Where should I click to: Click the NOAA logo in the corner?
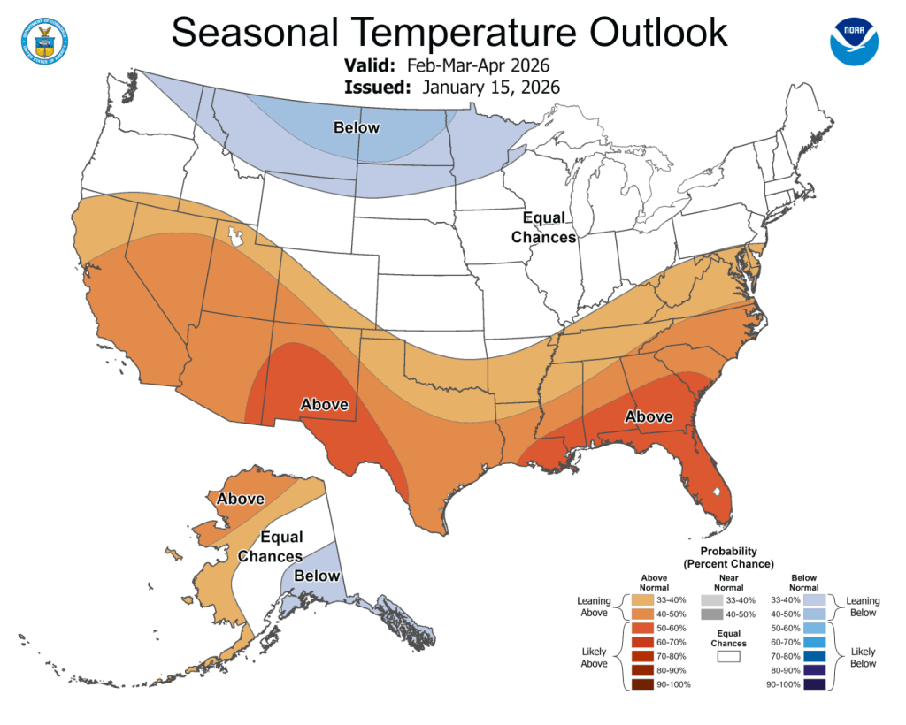(856, 38)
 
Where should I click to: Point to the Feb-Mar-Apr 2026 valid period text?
(479, 65)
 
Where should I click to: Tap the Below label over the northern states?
(356, 128)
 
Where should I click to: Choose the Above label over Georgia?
(649, 416)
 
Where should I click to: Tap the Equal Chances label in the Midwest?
(543, 227)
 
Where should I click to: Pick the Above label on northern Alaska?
(241, 499)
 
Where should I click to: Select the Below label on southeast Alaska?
(316, 576)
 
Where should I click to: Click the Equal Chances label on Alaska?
(271, 546)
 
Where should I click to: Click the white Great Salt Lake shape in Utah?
(236, 236)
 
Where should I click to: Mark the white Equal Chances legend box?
(728, 657)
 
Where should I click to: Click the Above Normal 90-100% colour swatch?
(656, 684)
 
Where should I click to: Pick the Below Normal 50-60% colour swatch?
(815, 628)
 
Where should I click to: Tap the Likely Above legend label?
(594, 657)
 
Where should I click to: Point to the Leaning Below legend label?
(863, 607)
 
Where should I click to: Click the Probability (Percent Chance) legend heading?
(728, 557)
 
